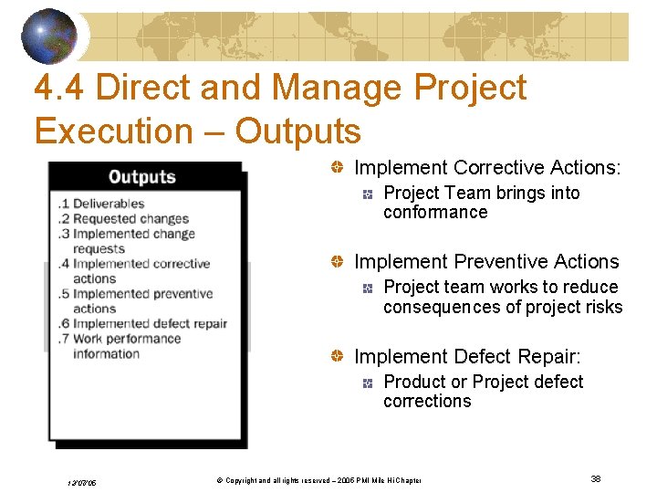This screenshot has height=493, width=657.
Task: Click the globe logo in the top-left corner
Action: [49, 35]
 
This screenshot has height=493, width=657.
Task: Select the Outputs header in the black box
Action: [141, 176]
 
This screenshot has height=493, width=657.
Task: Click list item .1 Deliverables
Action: [100, 204]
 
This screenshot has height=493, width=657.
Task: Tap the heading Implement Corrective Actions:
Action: [487, 168]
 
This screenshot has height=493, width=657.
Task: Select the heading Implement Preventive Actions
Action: [486, 262]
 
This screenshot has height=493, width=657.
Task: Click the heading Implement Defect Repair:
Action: [467, 357]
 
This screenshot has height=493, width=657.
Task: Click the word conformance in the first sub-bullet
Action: [435, 213]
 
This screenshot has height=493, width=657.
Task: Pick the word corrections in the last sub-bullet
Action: [427, 402]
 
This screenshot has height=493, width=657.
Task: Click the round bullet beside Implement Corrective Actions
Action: [338, 168]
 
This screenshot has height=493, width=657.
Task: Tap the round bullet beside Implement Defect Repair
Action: [338, 357]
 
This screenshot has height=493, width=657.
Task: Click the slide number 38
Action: [595, 479]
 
